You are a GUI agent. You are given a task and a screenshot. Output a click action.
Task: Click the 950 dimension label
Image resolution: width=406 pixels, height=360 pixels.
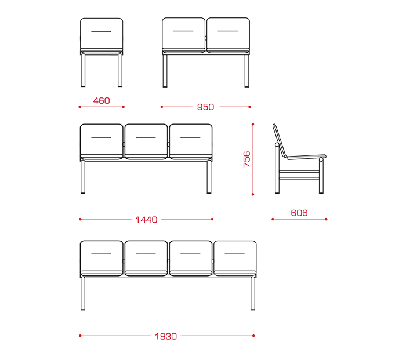click(x=206, y=107)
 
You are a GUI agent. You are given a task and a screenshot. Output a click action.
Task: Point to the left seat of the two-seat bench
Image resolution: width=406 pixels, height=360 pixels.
click(x=184, y=32)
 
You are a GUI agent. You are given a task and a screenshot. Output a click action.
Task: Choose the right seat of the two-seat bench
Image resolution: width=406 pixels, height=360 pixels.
click(x=228, y=32)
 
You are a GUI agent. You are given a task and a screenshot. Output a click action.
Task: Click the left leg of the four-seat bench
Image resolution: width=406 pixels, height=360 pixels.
click(x=85, y=296)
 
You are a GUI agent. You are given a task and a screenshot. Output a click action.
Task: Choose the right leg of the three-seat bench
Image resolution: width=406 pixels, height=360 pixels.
click(x=210, y=177)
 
